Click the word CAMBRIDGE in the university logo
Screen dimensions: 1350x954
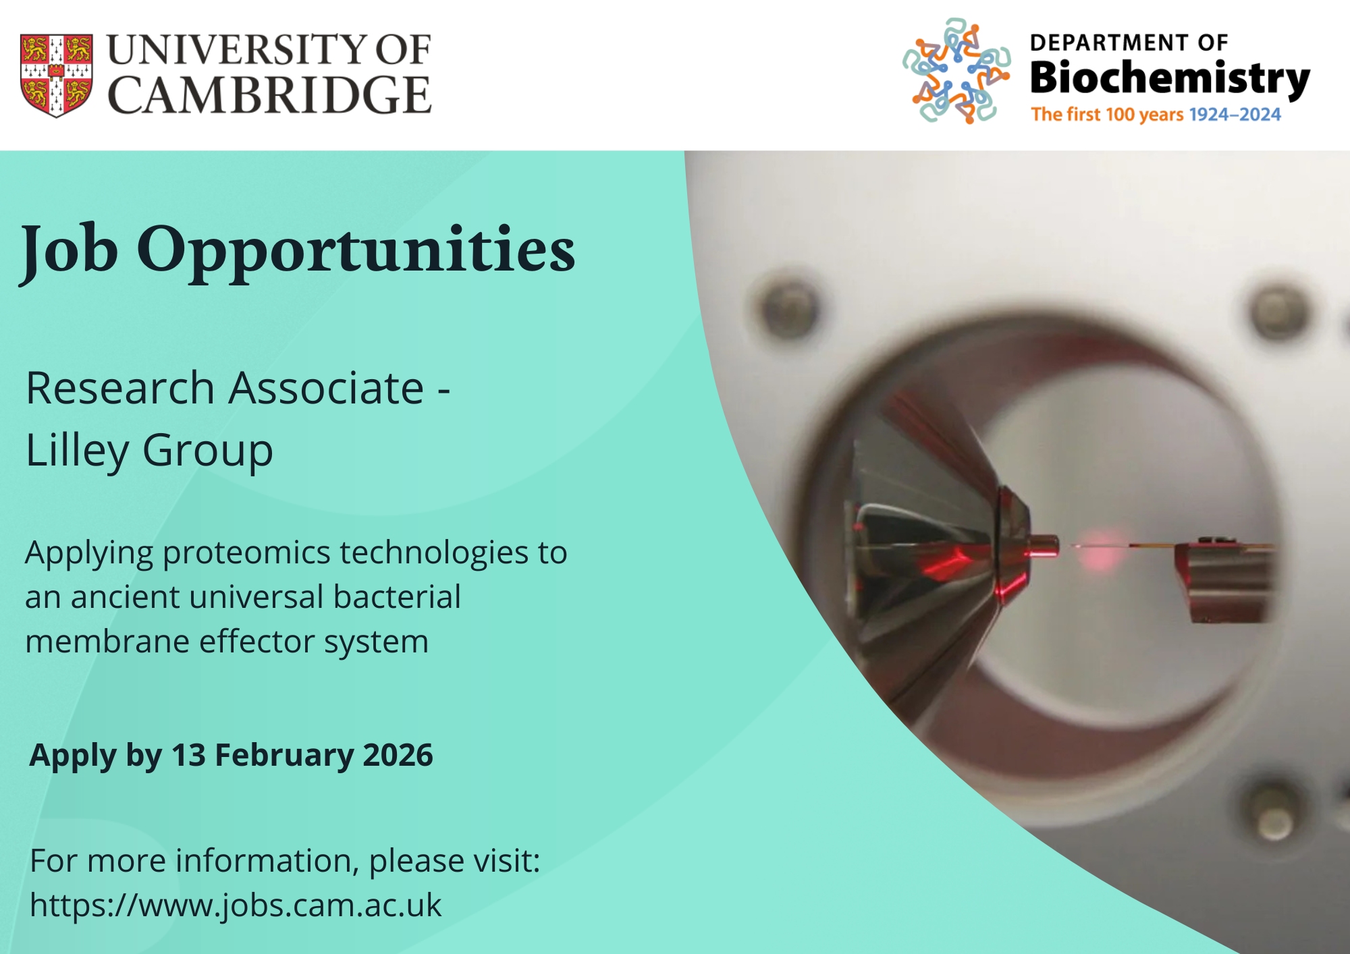point(269,94)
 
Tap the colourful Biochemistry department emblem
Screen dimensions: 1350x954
point(956,71)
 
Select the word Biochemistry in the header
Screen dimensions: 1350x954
point(1170,79)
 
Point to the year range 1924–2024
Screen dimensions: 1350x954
point(1235,115)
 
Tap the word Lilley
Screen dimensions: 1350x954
point(77,451)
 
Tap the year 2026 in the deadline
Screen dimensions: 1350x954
point(398,755)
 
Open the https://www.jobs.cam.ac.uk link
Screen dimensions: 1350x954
point(236,905)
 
